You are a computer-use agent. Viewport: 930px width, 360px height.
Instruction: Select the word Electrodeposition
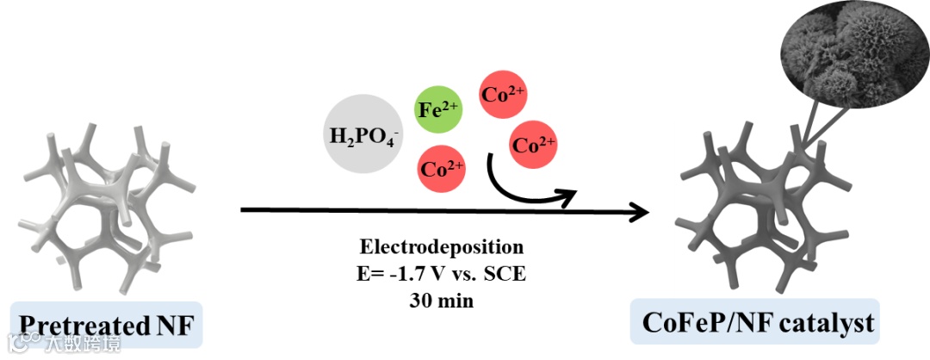coord(441,247)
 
